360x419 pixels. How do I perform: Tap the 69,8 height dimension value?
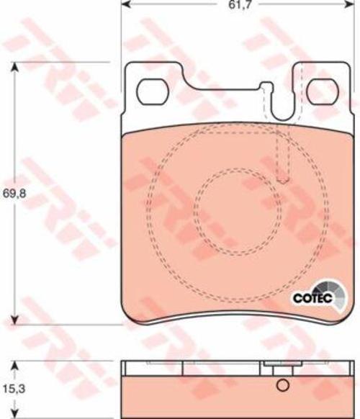point(14,194)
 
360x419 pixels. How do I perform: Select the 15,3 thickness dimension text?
point(14,389)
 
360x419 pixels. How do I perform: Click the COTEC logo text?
point(312,298)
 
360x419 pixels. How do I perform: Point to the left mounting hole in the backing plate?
point(153,92)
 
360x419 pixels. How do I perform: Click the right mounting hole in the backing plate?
point(323,92)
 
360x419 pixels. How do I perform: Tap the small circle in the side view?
point(283,385)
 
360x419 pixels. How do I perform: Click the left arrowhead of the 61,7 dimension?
point(126,4)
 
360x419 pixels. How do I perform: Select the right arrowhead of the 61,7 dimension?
point(349,4)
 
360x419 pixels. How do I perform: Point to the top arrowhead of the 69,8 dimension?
point(15,68)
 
